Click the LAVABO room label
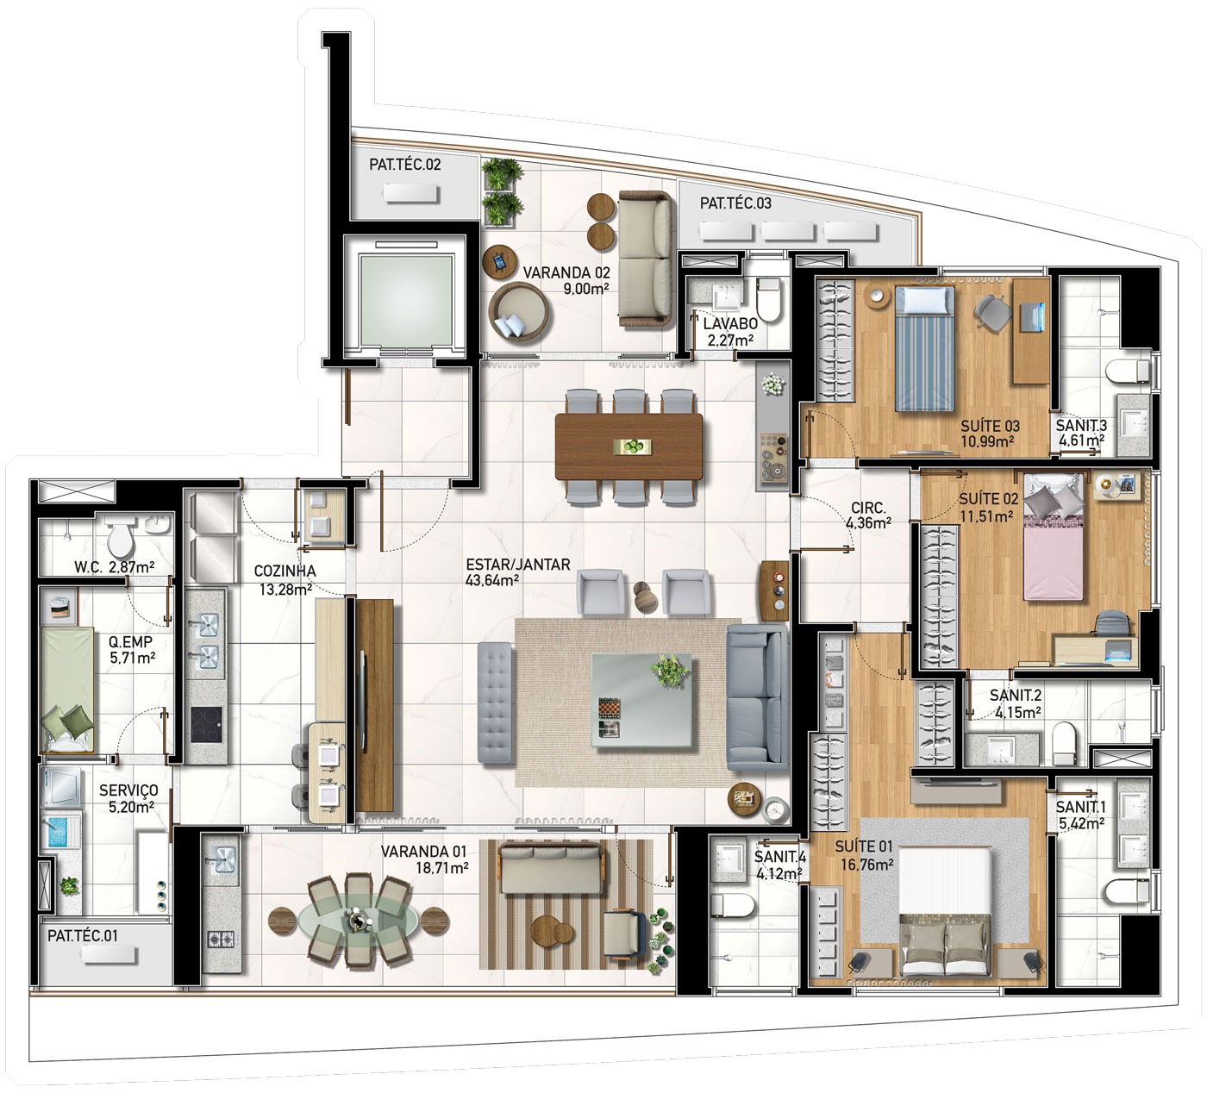click(x=730, y=324)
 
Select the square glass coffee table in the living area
click(x=641, y=700)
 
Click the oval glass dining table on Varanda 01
click(x=358, y=919)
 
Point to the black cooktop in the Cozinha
click(x=206, y=725)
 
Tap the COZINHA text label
click(x=285, y=571)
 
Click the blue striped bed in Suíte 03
click(x=924, y=348)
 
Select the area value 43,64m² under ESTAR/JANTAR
click(x=492, y=581)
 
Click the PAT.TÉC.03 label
click(x=735, y=203)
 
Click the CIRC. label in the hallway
click(x=868, y=509)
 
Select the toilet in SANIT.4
click(x=731, y=905)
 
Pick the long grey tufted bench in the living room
click(x=495, y=703)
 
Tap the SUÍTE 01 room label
click(x=863, y=846)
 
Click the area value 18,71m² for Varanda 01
click(x=441, y=867)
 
